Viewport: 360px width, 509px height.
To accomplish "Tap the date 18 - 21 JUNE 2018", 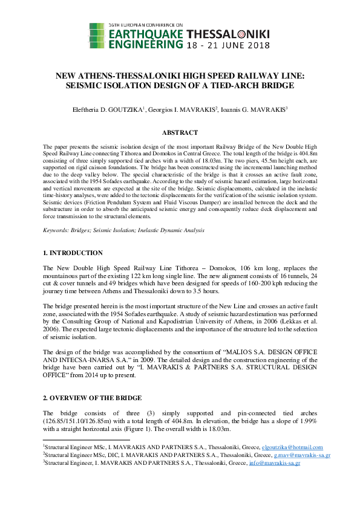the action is (227, 45).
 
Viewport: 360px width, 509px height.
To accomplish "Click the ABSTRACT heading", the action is (180, 132).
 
